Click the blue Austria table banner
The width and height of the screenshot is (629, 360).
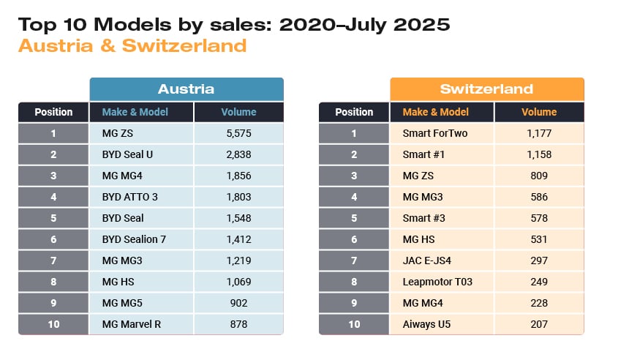pos(187,89)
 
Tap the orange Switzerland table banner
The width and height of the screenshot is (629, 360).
pos(487,89)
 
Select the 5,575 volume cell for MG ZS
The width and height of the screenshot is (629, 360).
pos(238,133)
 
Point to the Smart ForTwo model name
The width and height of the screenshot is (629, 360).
pos(434,133)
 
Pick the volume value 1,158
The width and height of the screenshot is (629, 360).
pos(539,154)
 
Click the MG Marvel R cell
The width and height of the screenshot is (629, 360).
pos(132,324)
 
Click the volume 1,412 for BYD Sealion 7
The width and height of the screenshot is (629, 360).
pos(238,239)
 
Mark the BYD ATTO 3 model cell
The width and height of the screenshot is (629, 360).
pos(129,197)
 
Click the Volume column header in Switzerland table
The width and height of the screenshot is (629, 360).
pos(539,112)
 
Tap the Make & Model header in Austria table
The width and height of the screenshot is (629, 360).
pos(135,112)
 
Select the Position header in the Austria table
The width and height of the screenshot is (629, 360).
pos(53,112)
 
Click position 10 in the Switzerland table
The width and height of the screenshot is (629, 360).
pos(354,324)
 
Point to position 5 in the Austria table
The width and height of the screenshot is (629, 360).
pos(53,218)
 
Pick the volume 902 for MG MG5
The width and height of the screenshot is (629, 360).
pos(238,303)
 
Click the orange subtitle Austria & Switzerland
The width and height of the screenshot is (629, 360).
pos(132,46)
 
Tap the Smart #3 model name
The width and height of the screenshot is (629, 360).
pos(423,218)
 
